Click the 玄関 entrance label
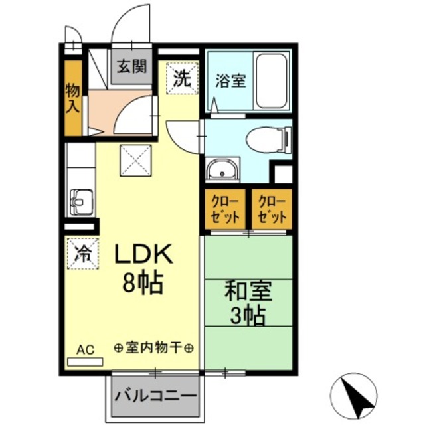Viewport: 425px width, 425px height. [x=131, y=66]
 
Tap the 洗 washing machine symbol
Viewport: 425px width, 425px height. [x=181, y=78]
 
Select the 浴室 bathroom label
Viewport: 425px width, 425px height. [x=230, y=82]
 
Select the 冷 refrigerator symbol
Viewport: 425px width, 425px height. [x=82, y=253]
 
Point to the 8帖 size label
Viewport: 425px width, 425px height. [x=143, y=284]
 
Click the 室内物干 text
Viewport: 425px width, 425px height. [x=153, y=347]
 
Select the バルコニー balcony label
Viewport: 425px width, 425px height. [x=155, y=396]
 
